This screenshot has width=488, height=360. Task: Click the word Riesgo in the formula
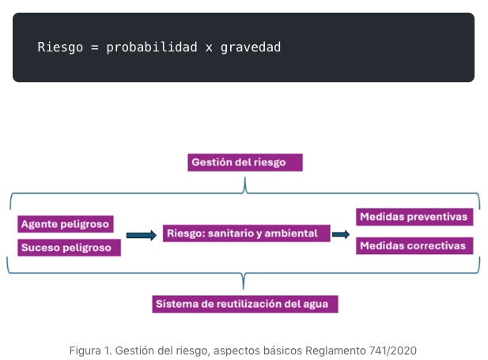[60, 47]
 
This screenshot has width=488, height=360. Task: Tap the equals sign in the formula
[95, 47]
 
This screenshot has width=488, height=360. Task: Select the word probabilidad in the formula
[152, 47]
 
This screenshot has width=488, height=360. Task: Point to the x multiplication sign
[209, 48]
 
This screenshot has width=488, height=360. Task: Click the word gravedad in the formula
[251, 47]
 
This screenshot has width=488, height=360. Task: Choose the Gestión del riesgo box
[245, 162]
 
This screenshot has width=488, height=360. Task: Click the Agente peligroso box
[66, 224]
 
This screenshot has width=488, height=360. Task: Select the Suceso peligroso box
[69, 248]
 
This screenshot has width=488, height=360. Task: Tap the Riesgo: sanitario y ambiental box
[246, 233]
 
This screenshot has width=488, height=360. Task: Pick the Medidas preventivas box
[414, 217]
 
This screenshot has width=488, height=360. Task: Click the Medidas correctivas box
[414, 246]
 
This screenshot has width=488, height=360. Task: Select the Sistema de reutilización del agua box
[245, 304]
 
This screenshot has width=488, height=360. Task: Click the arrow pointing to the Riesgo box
[142, 235]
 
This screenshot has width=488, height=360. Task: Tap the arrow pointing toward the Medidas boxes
[341, 234]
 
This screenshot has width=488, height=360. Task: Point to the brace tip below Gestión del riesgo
[245, 177]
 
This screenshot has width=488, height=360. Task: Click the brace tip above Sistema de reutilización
[244, 288]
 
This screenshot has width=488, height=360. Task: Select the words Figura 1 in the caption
[90, 351]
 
